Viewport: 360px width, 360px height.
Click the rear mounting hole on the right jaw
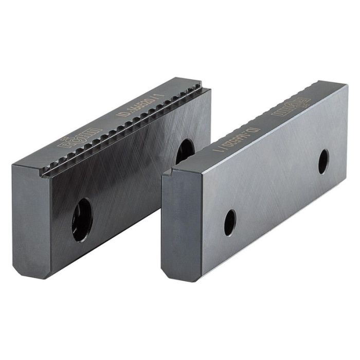tap(323, 161)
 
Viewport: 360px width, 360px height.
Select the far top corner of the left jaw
tap(209, 87)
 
